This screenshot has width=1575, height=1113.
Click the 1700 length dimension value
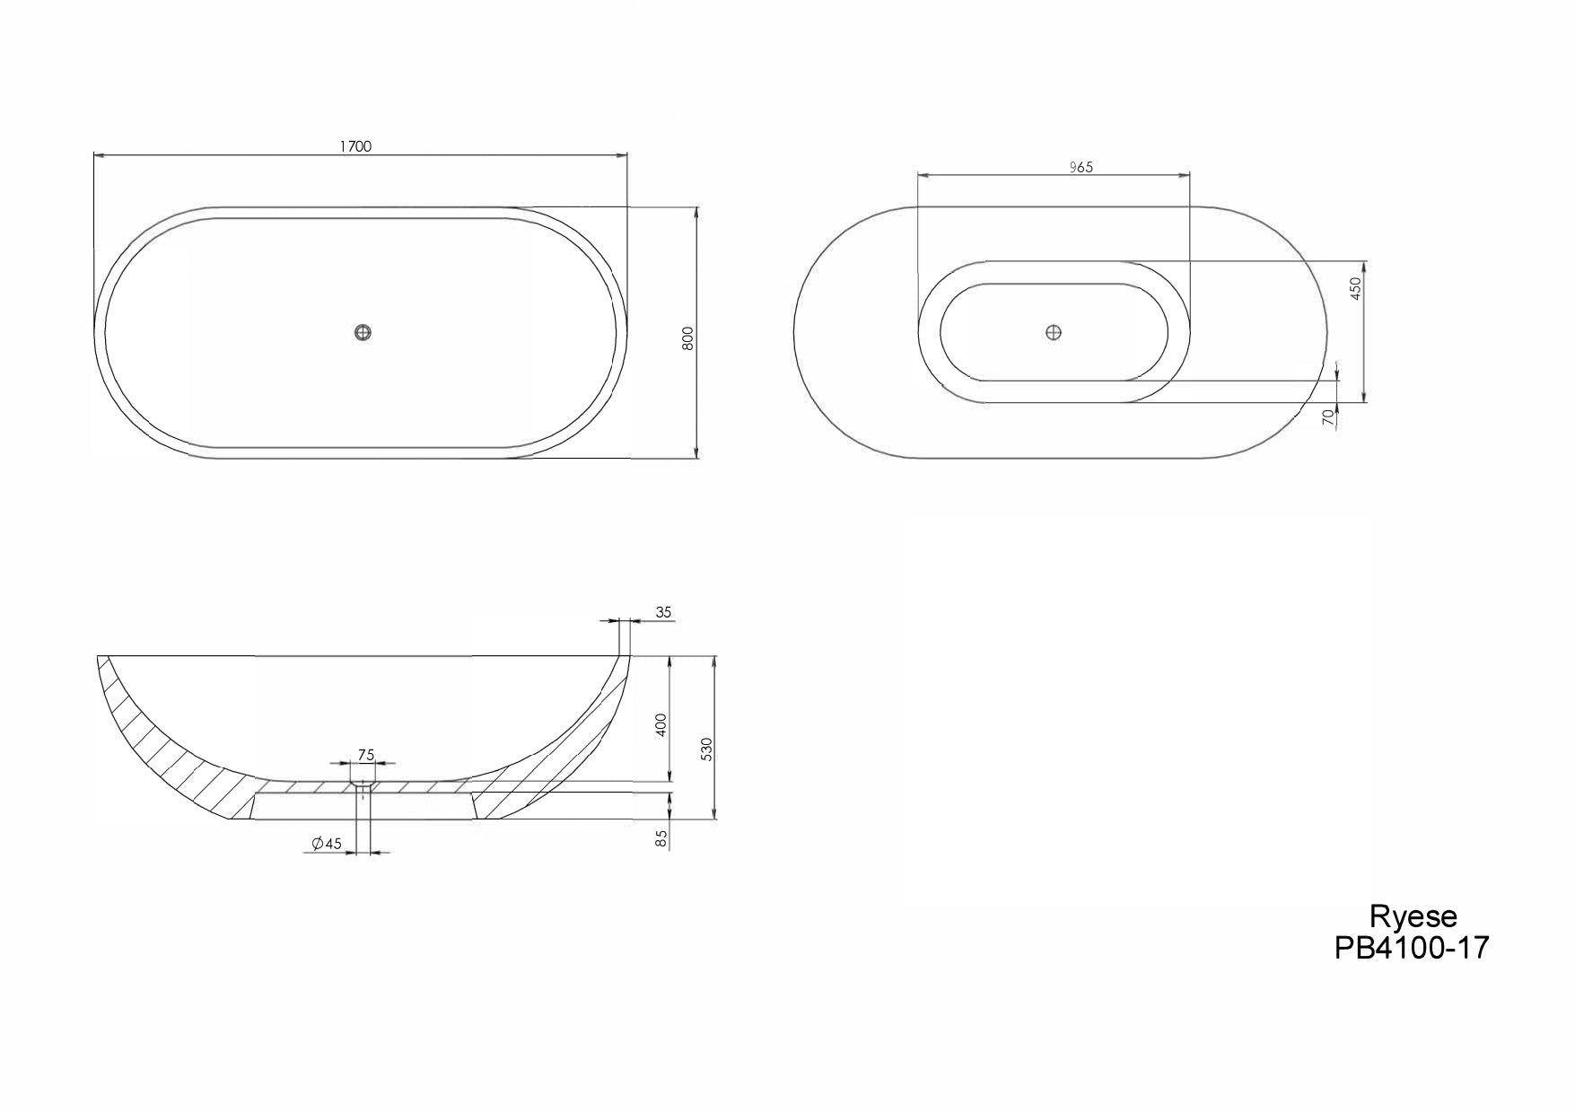(355, 147)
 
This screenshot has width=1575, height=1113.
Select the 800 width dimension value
(688, 337)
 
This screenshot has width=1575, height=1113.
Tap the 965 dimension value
(1081, 167)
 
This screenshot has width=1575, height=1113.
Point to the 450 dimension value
(1356, 287)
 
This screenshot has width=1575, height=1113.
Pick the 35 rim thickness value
(663, 613)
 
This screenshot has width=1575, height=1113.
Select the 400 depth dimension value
(661, 724)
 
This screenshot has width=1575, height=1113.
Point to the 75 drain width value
(365, 755)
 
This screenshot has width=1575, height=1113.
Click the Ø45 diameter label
(328, 844)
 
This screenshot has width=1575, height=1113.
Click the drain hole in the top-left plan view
(363, 332)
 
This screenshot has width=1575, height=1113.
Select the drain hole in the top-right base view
(1054, 332)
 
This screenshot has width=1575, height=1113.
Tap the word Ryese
(1413, 916)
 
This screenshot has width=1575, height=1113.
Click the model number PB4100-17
(1412, 948)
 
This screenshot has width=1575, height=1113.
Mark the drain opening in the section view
(363, 786)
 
